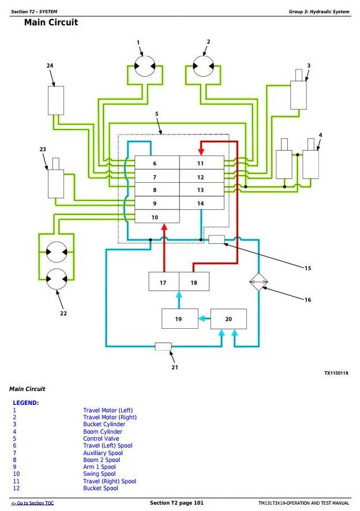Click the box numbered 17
(163, 283)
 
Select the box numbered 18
(194, 283)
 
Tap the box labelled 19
(178, 319)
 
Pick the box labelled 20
(228, 319)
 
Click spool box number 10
(155, 217)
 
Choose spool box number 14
(201, 204)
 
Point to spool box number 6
(155, 163)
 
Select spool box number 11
(201, 163)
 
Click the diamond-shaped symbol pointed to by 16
(258, 282)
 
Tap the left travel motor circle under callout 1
(140, 67)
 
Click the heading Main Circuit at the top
(51, 22)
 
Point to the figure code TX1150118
(336, 373)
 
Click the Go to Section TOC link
(32, 503)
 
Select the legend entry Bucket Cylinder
(104, 424)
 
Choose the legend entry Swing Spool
(99, 474)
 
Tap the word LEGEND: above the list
(25, 403)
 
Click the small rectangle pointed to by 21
(163, 346)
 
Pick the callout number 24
(50, 66)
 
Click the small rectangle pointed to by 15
(216, 239)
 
